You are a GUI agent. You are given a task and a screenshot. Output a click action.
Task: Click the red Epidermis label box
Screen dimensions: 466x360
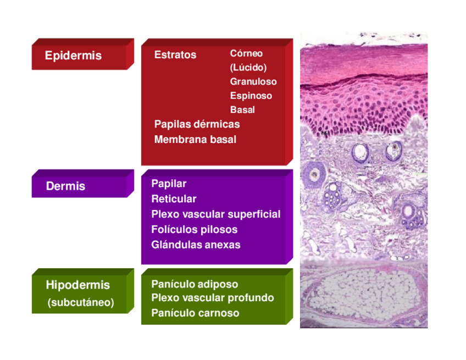tap(80, 56)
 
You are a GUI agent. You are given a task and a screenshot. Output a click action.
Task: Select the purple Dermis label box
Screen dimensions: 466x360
tap(80, 186)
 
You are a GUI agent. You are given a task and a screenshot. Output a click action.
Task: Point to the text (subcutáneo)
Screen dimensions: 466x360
tap(81, 302)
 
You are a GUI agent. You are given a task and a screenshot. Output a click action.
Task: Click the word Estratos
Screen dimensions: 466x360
tap(175, 55)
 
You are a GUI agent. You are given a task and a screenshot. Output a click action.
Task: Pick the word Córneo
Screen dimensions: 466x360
tap(246, 53)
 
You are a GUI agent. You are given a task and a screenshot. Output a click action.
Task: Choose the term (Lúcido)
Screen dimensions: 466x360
tap(248, 68)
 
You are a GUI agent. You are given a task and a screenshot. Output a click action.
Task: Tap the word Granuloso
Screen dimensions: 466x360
tap(253, 81)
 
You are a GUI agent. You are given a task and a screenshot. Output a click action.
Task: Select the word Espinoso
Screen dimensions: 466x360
tap(251, 96)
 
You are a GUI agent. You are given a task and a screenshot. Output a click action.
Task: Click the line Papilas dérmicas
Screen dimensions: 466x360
tap(197, 124)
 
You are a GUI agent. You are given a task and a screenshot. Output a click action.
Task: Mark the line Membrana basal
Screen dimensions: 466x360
tap(195, 140)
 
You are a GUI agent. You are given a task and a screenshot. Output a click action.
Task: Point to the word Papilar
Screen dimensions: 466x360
tap(169, 184)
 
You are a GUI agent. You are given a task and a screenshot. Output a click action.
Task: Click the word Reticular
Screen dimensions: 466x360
tap(174, 198)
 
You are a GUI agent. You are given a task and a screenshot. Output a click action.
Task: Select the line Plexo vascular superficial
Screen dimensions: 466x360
tap(215, 214)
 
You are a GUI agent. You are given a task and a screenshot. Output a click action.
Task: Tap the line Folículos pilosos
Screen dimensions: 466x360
tap(194, 229)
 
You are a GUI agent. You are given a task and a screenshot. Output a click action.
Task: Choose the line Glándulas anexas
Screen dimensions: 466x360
tap(196, 245)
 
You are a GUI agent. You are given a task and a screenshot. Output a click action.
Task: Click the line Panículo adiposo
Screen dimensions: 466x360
tap(195, 284)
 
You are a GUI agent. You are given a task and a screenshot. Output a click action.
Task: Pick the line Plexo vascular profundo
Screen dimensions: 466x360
tap(212, 298)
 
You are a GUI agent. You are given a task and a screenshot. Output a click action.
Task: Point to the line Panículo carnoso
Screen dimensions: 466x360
tap(195, 313)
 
